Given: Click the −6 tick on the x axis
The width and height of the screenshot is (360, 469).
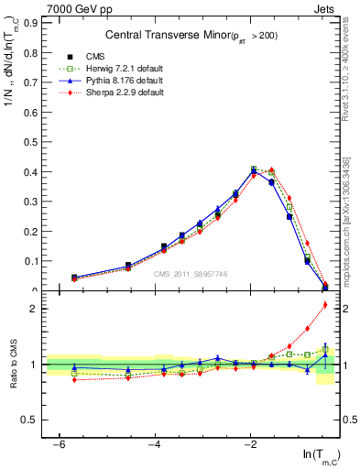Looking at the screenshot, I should pyautogui.click(x=59, y=443).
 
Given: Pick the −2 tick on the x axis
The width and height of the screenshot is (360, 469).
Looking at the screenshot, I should pyautogui.click(x=251, y=443).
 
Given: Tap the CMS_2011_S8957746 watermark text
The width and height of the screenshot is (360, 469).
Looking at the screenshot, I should pyautogui.click(x=191, y=274).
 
